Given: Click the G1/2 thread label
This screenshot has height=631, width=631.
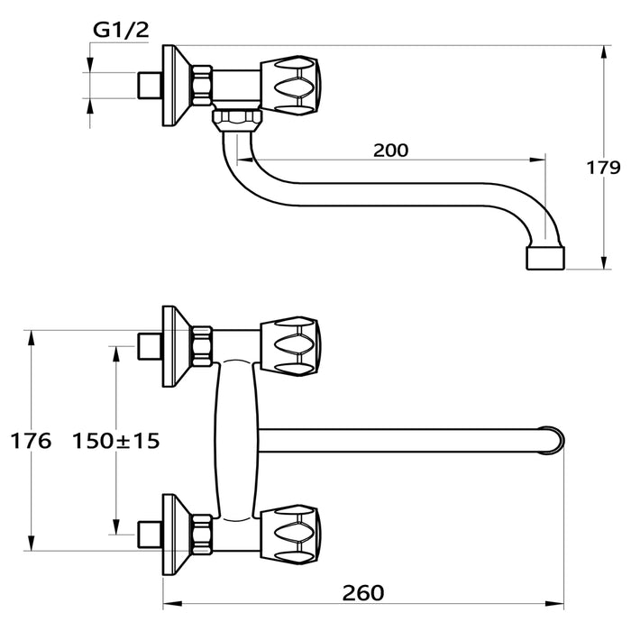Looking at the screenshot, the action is click(x=121, y=30).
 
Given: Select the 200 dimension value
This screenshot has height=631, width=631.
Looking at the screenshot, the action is click(x=390, y=151).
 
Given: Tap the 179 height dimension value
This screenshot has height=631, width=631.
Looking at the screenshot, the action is click(x=603, y=168).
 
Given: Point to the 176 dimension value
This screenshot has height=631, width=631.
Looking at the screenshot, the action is click(x=31, y=441).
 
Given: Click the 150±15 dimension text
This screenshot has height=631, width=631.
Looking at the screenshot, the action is click(x=116, y=441).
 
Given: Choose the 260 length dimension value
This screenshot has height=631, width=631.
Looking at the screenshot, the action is click(x=363, y=593).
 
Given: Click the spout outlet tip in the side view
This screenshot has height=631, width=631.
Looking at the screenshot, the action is click(x=545, y=259).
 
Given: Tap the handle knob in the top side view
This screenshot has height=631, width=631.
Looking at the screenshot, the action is click(x=290, y=86).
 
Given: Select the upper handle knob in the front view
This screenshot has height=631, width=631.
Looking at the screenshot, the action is click(x=290, y=346).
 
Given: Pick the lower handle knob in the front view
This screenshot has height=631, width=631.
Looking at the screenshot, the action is click(x=290, y=535).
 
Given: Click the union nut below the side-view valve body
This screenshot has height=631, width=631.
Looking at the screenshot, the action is click(x=237, y=120).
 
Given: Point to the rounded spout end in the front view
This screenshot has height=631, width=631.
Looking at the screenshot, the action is click(x=553, y=440).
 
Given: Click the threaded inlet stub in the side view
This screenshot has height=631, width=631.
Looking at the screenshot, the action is click(x=150, y=86).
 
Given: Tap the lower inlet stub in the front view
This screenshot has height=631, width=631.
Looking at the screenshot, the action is click(x=150, y=535).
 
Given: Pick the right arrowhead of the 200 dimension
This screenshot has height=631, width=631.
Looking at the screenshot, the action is click(x=536, y=160).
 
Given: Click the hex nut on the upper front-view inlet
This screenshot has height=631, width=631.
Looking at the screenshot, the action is click(x=202, y=346).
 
